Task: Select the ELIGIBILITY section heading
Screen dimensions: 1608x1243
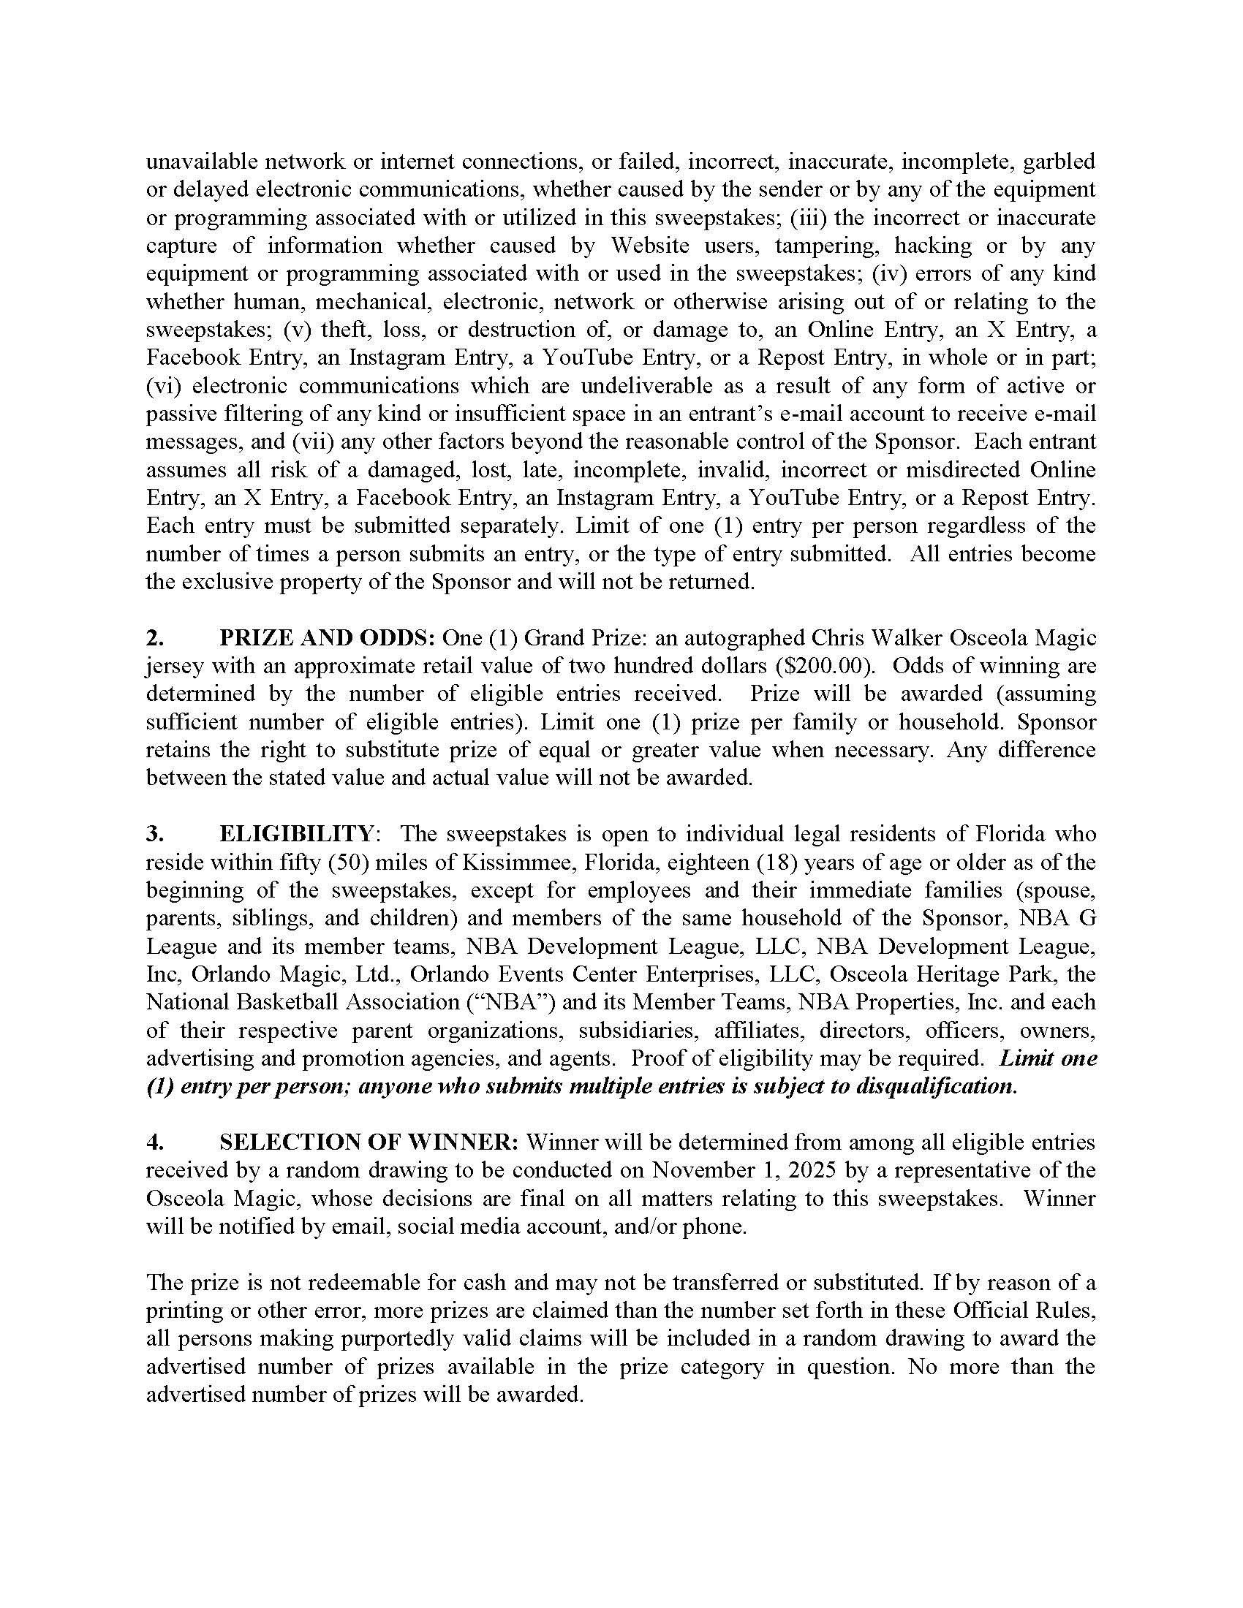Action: click(x=296, y=834)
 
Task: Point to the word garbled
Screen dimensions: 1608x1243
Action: click(x=1060, y=162)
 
